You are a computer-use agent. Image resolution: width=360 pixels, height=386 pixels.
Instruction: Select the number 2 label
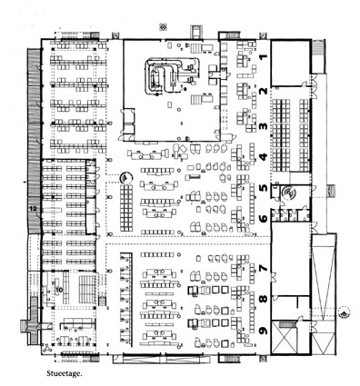pyautogui.click(x=263, y=94)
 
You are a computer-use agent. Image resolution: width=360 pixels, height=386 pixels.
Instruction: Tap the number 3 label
pyautogui.click(x=263, y=127)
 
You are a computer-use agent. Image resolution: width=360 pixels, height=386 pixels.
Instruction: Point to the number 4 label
pyautogui.click(x=263, y=158)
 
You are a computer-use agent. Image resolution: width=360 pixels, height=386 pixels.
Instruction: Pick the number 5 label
pyautogui.click(x=263, y=190)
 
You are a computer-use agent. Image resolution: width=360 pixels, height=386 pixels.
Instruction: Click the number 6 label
pyautogui.click(x=263, y=219)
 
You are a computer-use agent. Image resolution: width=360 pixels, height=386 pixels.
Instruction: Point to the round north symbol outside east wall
pyautogui.click(x=343, y=312)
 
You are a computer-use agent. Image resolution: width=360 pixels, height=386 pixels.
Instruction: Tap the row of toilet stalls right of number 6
pyautogui.click(x=291, y=218)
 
